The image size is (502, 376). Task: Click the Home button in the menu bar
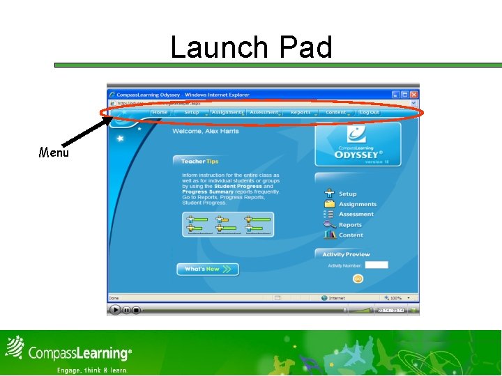click(x=160, y=112)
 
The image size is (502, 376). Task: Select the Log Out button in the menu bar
click(x=370, y=112)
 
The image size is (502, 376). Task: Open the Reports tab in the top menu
click(x=301, y=112)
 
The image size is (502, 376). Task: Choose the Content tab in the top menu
click(x=335, y=112)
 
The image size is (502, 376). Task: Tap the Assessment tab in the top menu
click(x=264, y=112)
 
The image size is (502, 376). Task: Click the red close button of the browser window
click(x=414, y=95)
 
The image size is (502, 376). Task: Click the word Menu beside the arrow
click(x=54, y=152)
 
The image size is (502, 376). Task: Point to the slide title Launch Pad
click(x=251, y=47)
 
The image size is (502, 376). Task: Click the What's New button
click(x=207, y=269)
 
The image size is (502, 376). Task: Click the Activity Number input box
click(x=376, y=265)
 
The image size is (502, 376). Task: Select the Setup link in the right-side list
click(x=347, y=194)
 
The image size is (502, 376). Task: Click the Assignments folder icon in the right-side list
click(x=329, y=204)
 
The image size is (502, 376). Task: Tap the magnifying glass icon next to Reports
click(x=329, y=224)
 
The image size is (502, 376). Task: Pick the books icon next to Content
click(x=329, y=235)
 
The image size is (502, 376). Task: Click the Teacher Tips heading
click(x=200, y=162)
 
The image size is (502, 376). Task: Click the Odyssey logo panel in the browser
click(x=358, y=145)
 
